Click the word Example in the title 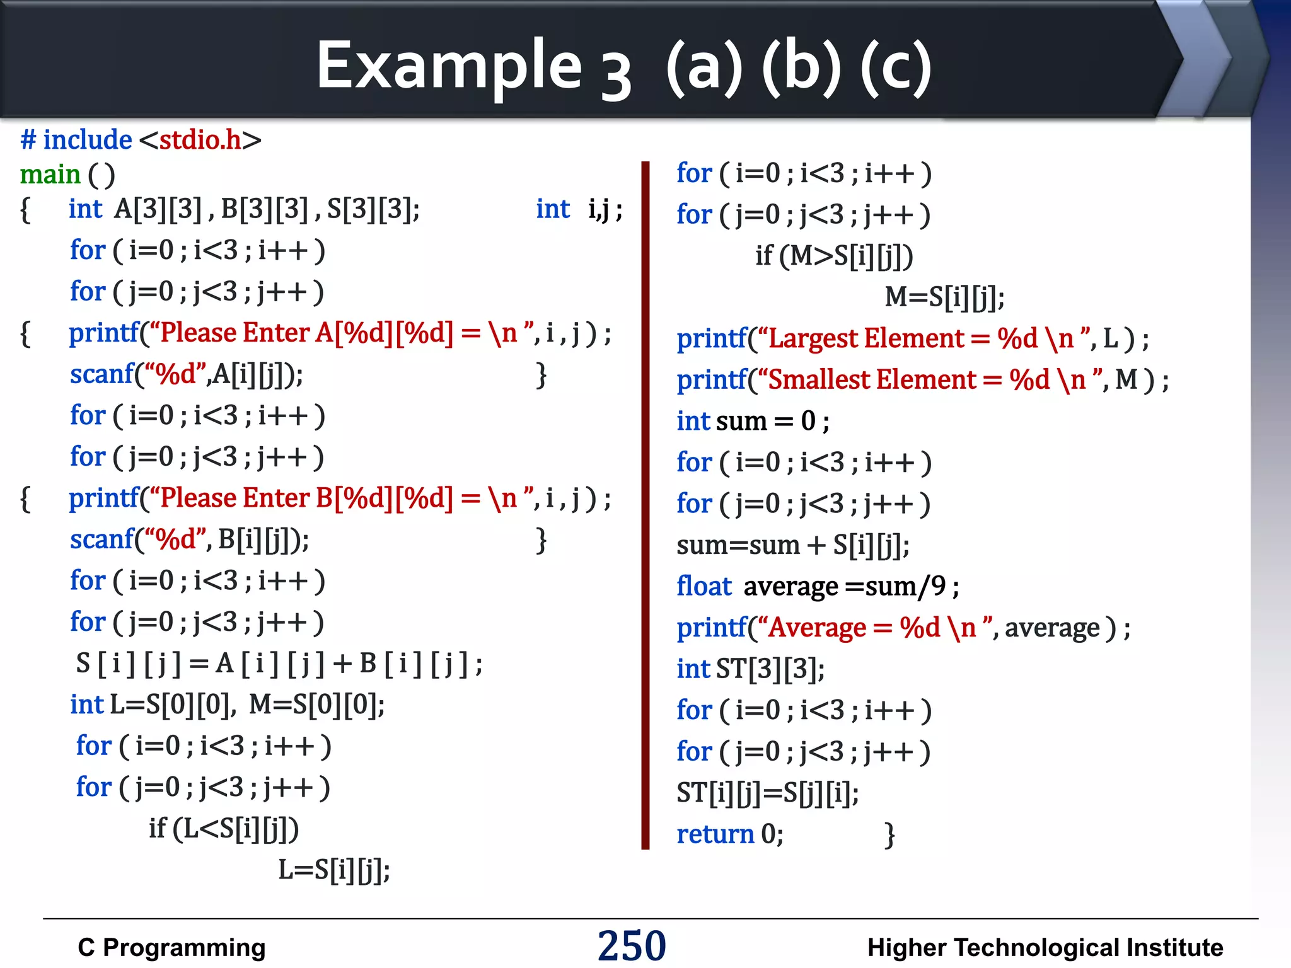(x=449, y=66)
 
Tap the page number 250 (x=632, y=945)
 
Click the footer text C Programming (x=171, y=947)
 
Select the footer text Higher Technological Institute (x=1045, y=947)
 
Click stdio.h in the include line (x=200, y=140)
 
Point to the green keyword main (x=50, y=175)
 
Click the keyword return (x=715, y=834)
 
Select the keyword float (x=703, y=586)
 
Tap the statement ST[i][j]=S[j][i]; (x=767, y=793)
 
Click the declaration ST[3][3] (x=770, y=669)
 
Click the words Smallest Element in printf (x=872, y=380)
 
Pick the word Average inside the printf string (x=818, y=628)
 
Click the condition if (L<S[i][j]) (x=224, y=829)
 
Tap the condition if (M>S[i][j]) (x=834, y=256)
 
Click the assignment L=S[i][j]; (x=334, y=870)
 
